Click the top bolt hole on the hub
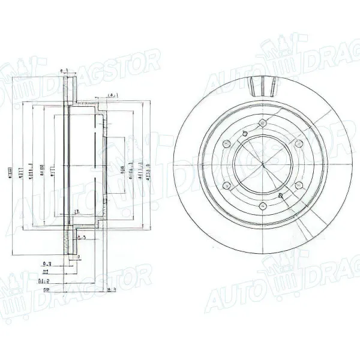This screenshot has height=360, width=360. (x=262, y=124)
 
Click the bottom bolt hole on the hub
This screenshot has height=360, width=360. (x=262, y=207)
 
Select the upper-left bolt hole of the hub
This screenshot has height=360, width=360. (x=226, y=144)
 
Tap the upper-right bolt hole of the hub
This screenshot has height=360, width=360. (x=298, y=143)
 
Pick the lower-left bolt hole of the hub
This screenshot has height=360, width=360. (x=226, y=187)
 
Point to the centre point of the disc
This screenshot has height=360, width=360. (x=262, y=166)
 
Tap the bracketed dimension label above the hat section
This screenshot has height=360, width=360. (x=112, y=96)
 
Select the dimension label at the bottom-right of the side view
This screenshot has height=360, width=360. (x=110, y=290)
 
